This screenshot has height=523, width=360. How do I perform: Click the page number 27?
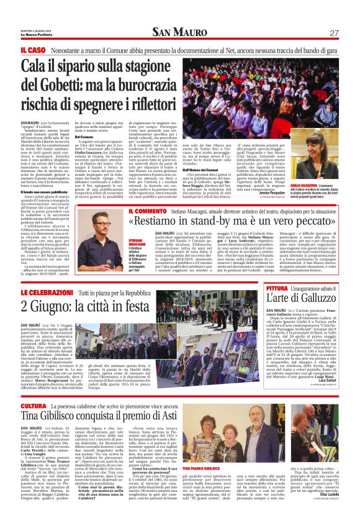333,33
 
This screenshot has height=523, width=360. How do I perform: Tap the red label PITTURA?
277,289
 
